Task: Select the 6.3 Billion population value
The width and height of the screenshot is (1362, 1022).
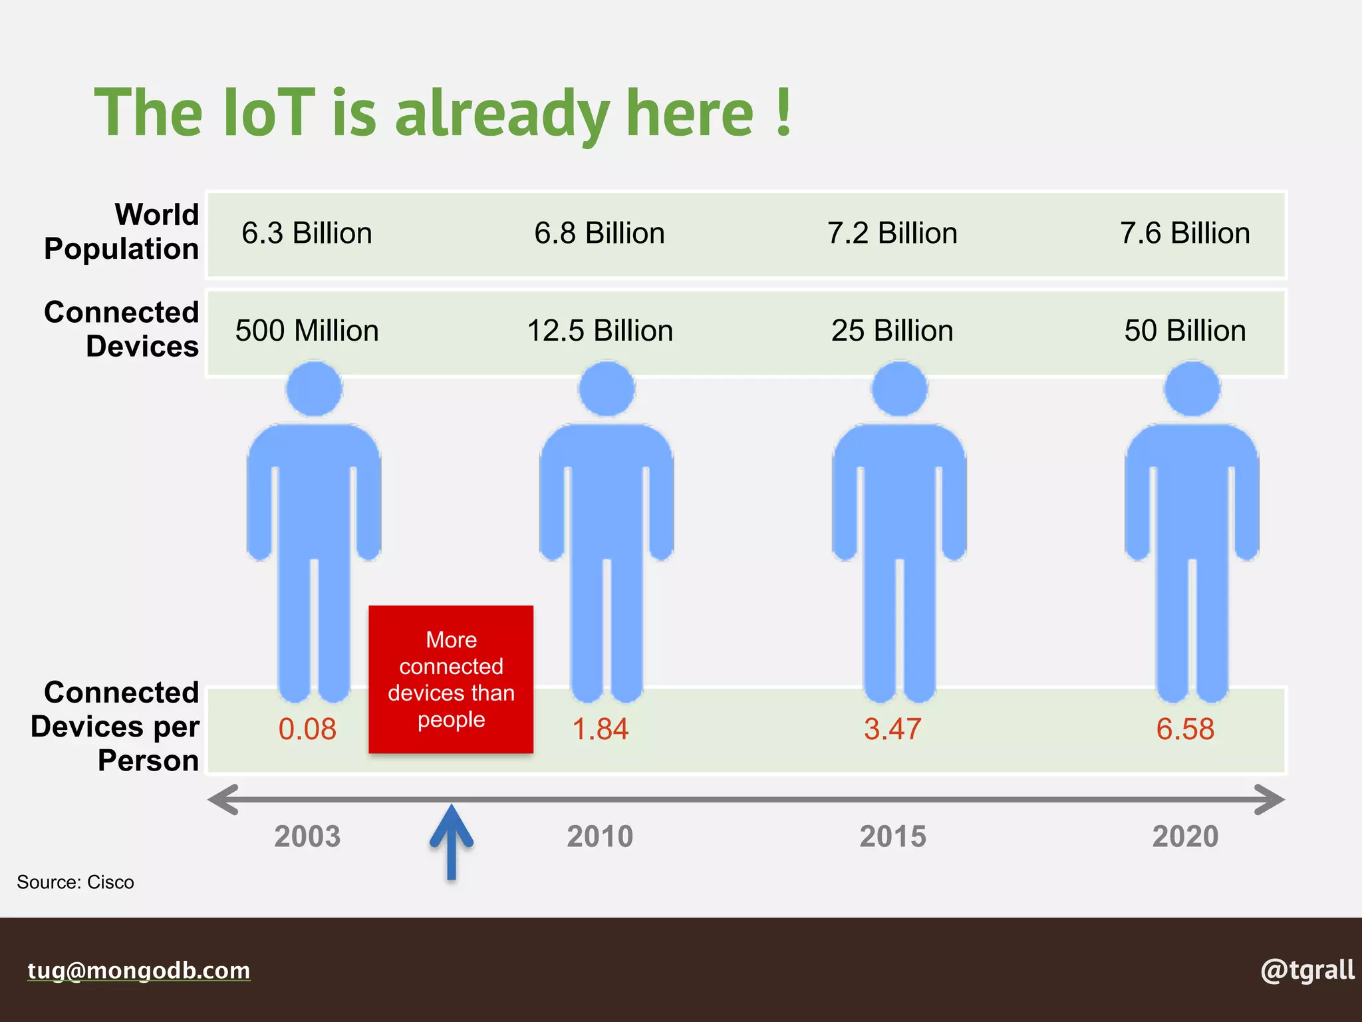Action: [x=307, y=234]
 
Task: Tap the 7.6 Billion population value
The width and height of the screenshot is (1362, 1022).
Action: [x=1184, y=234]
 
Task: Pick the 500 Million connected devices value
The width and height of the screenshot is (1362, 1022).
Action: [x=307, y=331]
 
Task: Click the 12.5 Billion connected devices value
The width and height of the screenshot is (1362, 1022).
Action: [x=600, y=331]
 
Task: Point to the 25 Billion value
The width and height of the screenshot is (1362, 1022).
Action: [x=892, y=331]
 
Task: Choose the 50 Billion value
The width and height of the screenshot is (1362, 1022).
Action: [x=1184, y=331]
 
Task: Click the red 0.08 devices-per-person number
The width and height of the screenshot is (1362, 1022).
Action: [x=307, y=729]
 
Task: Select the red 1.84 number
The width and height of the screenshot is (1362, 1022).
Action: [x=600, y=729]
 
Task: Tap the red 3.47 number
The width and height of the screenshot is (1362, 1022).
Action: [x=892, y=729]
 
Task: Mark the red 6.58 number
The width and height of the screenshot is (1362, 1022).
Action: [x=1185, y=729]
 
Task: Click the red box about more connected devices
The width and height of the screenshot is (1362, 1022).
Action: [x=451, y=679]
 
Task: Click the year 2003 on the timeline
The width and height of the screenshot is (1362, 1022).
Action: [x=307, y=836]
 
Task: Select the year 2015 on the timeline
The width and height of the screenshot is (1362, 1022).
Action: [x=892, y=836]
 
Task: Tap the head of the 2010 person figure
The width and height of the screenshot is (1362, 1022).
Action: [x=607, y=389]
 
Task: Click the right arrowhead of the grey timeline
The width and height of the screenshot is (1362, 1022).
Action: [x=1269, y=800]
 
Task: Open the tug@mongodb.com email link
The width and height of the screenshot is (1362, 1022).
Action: [x=139, y=970]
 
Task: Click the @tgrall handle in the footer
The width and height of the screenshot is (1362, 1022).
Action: [x=1307, y=970]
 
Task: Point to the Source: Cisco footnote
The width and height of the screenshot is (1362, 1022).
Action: [x=75, y=882]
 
